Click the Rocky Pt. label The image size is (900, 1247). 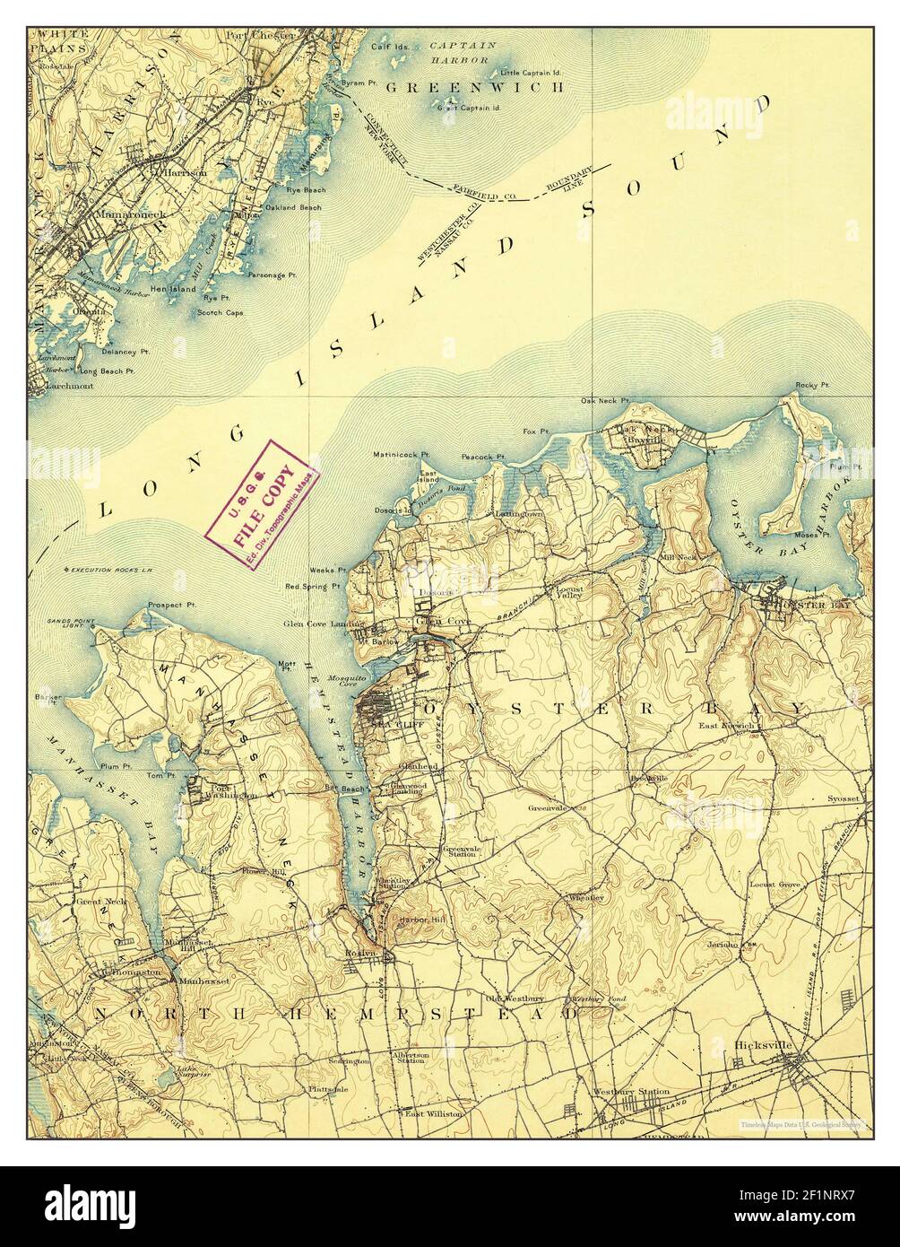coord(809,387)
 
